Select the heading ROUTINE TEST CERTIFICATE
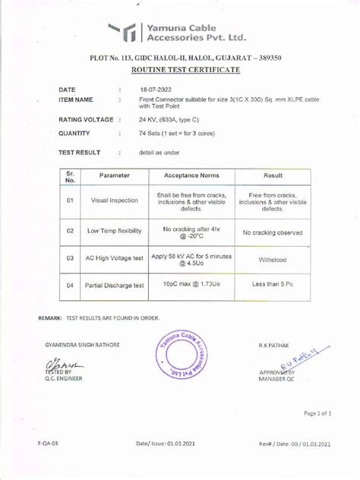[185, 70]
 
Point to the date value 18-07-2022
[156, 90]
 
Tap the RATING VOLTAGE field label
[87, 120]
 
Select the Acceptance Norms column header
[191, 175]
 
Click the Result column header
[273, 175]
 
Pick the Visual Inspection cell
[114, 201]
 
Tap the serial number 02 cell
[69, 230]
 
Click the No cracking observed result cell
[273, 233]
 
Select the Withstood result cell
[273, 259]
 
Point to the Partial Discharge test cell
[114, 286]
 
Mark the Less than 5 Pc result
[273, 285]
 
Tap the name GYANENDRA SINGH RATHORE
[82, 345]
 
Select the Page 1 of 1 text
[318, 413]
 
